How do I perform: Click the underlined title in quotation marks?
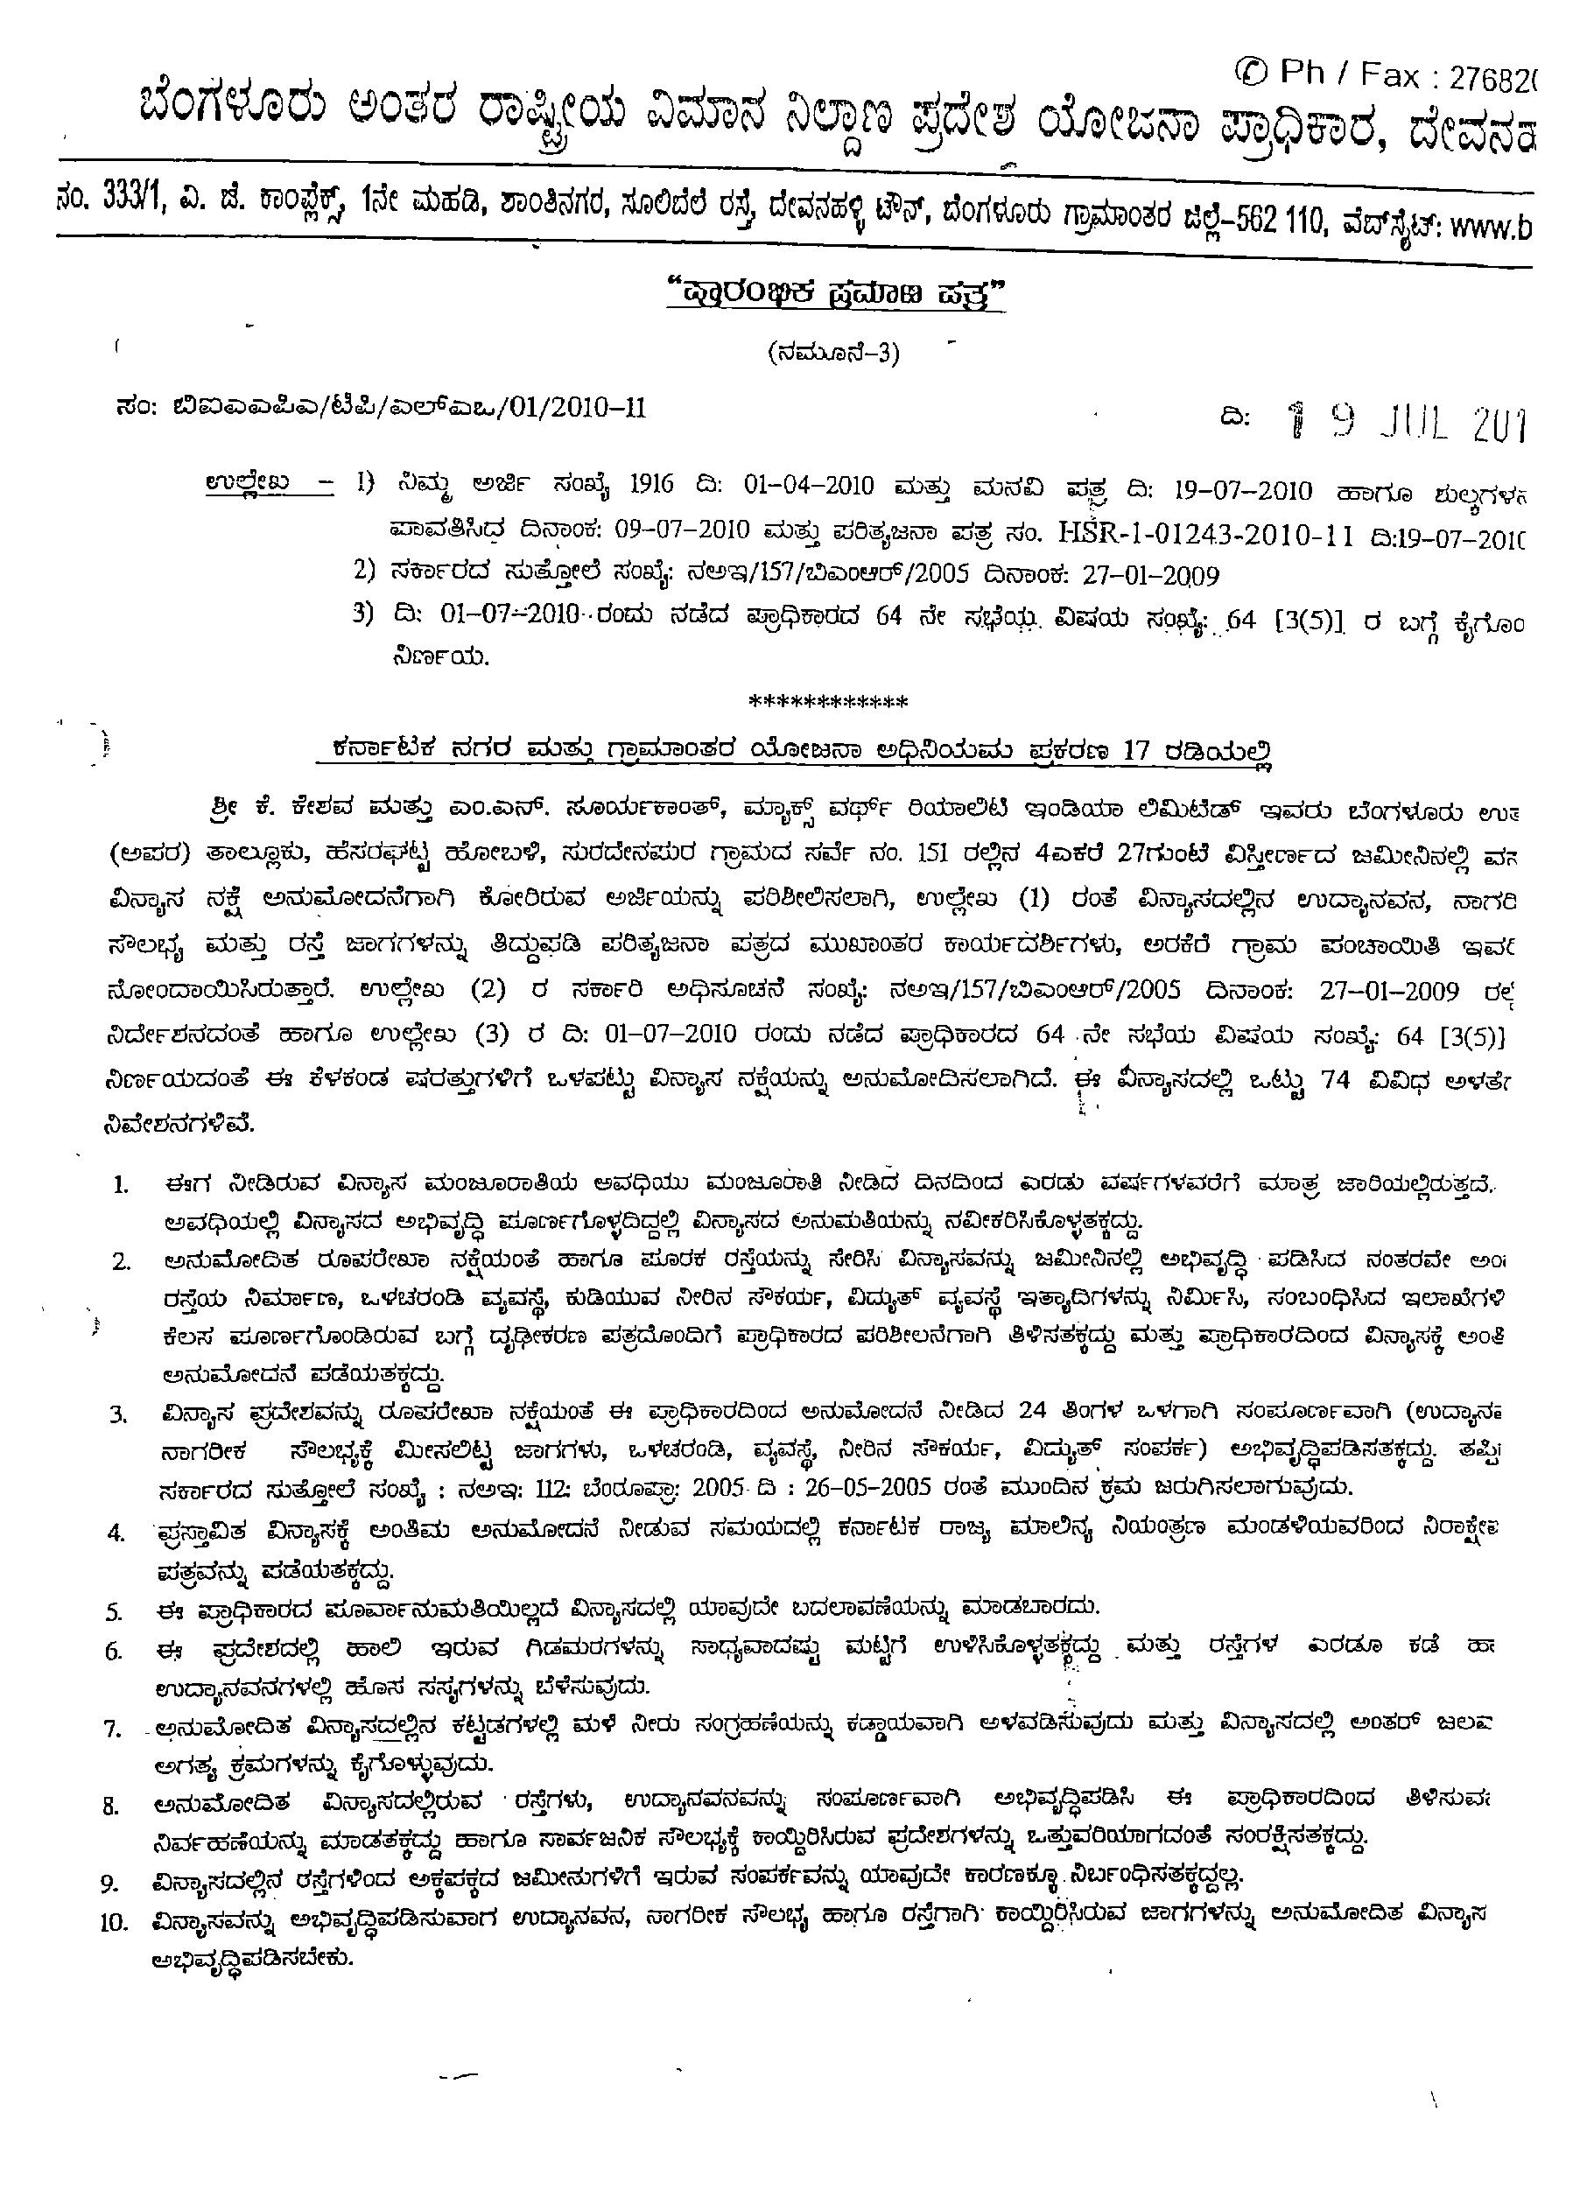pyautogui.click(x=836, y=294)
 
